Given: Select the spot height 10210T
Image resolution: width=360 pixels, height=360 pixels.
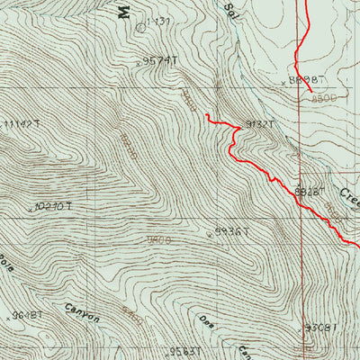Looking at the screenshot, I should click(53, 206).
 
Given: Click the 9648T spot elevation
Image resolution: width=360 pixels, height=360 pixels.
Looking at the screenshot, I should click(26, 316).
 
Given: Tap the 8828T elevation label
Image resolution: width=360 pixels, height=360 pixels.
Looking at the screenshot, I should click(309, 191).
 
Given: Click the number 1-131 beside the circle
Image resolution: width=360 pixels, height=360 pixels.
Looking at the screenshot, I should click(157, 21).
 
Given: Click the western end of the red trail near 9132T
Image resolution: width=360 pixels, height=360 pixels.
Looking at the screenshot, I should click(205, 115).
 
